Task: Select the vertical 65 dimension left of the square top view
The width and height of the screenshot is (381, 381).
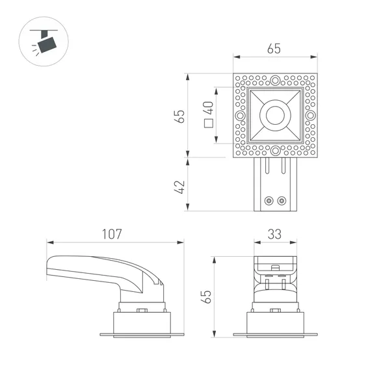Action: [x=180, y=116]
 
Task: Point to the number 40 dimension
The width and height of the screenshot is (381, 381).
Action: [x=209, y=107]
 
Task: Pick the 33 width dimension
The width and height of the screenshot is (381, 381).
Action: [x=275, y=233]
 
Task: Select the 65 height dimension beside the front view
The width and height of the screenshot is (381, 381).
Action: [x=207, y=296]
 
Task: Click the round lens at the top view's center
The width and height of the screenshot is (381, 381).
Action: [x=275, y=116]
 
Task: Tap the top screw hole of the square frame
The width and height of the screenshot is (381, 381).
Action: [x=275, y=81]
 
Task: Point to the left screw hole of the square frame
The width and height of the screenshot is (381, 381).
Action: [x=240, y=116]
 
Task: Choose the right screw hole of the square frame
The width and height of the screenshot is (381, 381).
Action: [x=310, y=116]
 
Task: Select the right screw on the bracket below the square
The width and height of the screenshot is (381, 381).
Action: [x=282, y=200]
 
